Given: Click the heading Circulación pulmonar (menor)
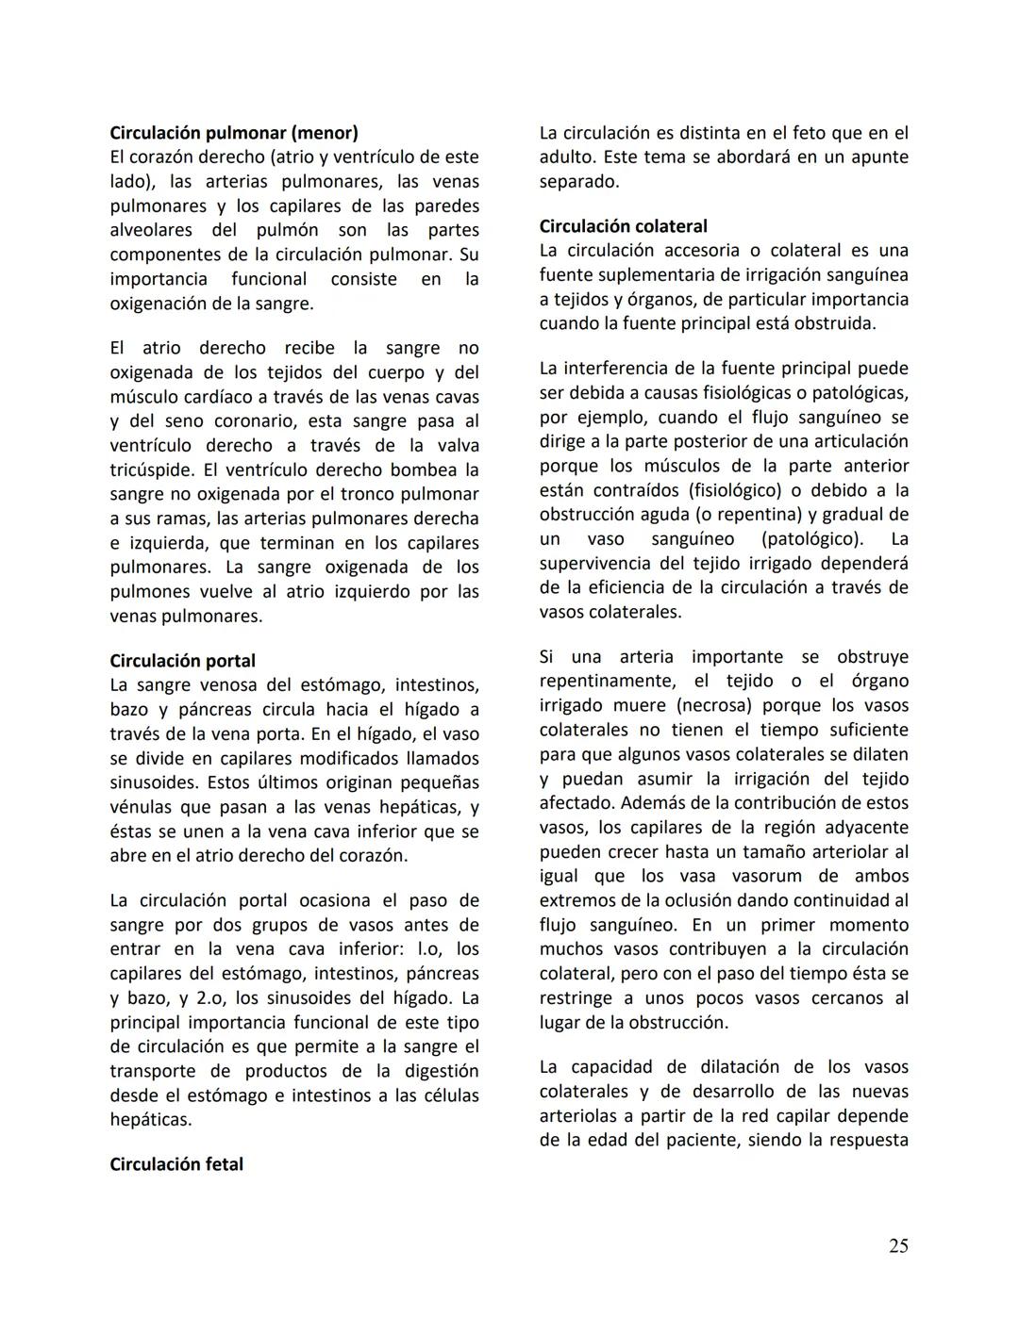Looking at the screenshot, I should pos(234,133).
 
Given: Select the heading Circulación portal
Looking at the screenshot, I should pos(182,661).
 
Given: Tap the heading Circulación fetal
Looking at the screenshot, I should pos(176,1164).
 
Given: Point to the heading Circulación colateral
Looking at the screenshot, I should pos(623,226).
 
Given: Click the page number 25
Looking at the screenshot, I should pos(898,1246).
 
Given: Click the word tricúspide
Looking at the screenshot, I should pos(151,470).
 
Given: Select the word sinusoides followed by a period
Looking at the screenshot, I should pos(154,783).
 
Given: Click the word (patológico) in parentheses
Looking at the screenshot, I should pos(811,539).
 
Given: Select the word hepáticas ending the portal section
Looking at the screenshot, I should pos(150,1120).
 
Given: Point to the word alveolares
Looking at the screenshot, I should pos(151,231).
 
